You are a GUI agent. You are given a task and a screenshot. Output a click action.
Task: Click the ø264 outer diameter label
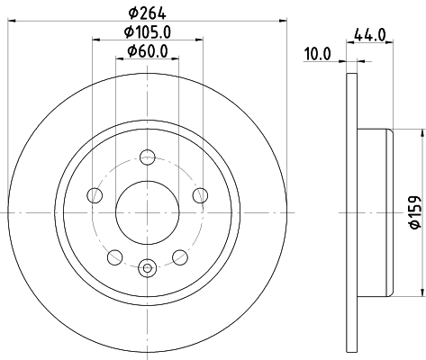148,12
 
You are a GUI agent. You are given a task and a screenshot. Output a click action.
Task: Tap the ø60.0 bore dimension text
148,50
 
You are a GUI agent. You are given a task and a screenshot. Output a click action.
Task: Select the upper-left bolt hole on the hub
93,195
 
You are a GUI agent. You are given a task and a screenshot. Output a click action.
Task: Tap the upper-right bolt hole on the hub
202,195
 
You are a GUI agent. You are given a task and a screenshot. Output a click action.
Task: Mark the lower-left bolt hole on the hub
113,258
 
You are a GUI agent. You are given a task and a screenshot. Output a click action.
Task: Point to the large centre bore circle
148,212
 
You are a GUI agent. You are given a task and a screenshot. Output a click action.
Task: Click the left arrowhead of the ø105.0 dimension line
95,40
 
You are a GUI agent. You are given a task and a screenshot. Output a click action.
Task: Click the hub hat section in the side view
374,212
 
